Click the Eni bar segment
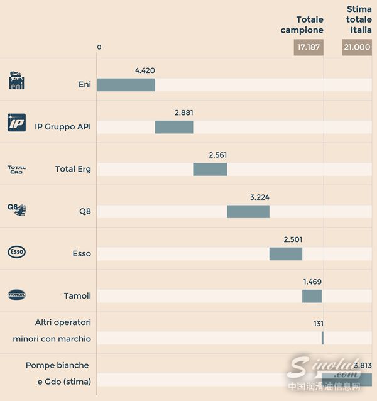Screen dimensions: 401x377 pos(126,85)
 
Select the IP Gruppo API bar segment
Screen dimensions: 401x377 pos(174,127)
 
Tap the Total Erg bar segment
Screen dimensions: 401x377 pos(210,169)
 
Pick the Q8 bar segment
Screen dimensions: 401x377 pos(248,211)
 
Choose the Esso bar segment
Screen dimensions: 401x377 pos(286,253)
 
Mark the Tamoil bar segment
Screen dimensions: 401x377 pos(312,296)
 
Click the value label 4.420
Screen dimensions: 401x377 pos(145,70)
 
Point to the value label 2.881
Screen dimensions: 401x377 pos(184,113)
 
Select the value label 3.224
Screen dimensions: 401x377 pos(260,197)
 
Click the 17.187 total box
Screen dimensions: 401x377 pos(309,47)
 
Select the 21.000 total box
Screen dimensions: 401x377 pos(357,47)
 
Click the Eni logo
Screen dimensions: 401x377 pos(16,80)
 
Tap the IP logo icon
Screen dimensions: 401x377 pos(16,123)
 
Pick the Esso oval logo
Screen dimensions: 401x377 pos(16,252)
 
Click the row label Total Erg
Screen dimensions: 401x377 pos(73,169)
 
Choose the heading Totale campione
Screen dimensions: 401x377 pos(302,25)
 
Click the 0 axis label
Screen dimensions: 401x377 pos(99,48)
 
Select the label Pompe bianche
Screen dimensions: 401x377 pos(57,365)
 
